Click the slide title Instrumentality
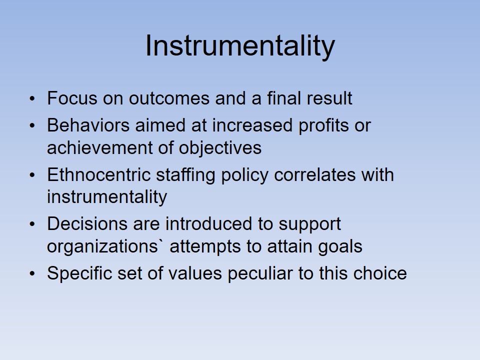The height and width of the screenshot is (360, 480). (x=240, y=46)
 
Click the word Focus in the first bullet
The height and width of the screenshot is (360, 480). (x=72, y=98)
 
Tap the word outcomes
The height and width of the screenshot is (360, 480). (x=169, y=98)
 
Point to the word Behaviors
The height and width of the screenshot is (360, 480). (x=88, y=125)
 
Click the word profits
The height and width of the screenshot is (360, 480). (x=323, y=126)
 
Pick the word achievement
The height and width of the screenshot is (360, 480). (x=100, y=147)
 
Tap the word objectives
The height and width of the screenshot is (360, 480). (x=220, y=148)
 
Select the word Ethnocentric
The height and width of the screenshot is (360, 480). (x=99, y=175)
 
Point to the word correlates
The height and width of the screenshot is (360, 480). (x=314, y=175)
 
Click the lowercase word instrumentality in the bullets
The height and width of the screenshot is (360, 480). (x=107, y=197)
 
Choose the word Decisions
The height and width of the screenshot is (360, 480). (x=87, y=224)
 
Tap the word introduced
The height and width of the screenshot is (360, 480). (x=219, y=224)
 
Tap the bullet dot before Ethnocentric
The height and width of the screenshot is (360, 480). (x=32, y=175)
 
